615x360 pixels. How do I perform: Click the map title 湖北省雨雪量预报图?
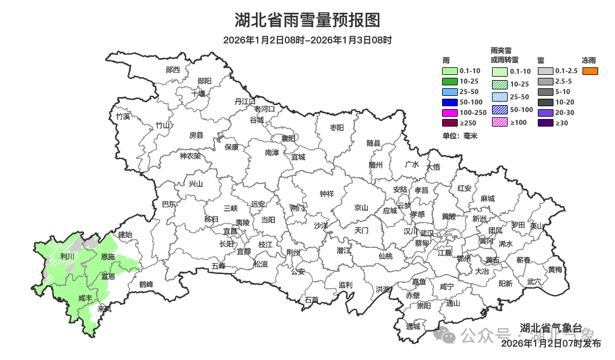(x=307, y=20)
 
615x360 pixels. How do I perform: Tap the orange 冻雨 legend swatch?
(x=589, y=71)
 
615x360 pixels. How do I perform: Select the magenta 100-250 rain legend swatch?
(x=450, y=112)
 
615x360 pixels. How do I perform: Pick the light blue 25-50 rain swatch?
(x=450, y=92)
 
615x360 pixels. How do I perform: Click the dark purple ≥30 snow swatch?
(x=545, y=123)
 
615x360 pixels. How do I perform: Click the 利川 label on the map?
(x=68, y=256)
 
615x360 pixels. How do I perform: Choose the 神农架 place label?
(x=190, y=156)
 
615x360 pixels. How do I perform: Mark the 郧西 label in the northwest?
(x=173, y=70)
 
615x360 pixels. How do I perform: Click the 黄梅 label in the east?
(x=555, y=269)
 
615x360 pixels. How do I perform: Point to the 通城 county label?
(x=413, y=326)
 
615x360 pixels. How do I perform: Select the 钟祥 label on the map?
(x=327, y=194)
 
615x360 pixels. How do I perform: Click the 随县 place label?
(x=374, y=143)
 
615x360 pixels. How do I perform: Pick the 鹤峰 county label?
(x=146, y=285)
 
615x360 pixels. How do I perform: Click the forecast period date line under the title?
(x=307, y=40)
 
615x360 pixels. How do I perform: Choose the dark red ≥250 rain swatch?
(x=450, y=123)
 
